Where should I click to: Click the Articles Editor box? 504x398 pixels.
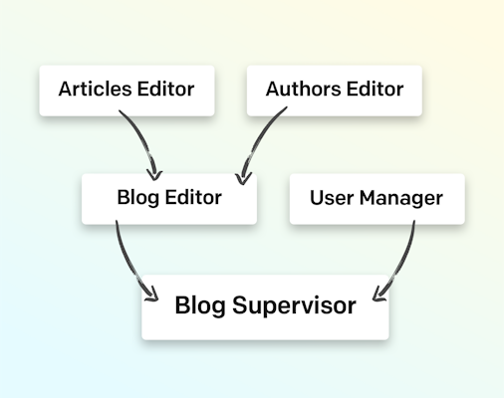pyautogui.click(x=126, y=91)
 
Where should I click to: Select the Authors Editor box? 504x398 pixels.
pyautogui.click(x=335, y=91)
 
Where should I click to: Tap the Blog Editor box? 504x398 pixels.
pyautogui.click(x=169, y=199)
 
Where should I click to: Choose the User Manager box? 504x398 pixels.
pyautogui.click(x=377, y=199)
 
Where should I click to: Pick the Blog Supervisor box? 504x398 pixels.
pyautogui.click(x=265, y=307)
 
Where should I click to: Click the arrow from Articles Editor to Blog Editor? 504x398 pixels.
pyautogui.click(x=143, y=140)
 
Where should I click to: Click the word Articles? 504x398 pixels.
pyautogui.click(x=95, y=89)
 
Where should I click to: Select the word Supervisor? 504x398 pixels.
pyautogui.click(x=294, y=305)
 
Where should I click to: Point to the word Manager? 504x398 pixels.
pyautogui.click(x=401, y=198)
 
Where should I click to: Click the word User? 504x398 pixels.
pyautogui.click(x=332, y=198)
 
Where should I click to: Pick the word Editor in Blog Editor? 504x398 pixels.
pyautogui.click(x=193, y=197)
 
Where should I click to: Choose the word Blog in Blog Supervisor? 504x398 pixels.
pyautogui.click(x=200, y=305)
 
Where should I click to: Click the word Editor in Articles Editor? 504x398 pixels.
pyautogui.click(x=166, y=89)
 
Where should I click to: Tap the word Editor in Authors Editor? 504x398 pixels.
pyautogui.click(x=376, y=89)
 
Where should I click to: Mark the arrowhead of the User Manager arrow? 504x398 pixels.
pyautogui.click(x=378, y=296)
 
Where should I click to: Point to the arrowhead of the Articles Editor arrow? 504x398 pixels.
pyautogui.click(x=154, y=175)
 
